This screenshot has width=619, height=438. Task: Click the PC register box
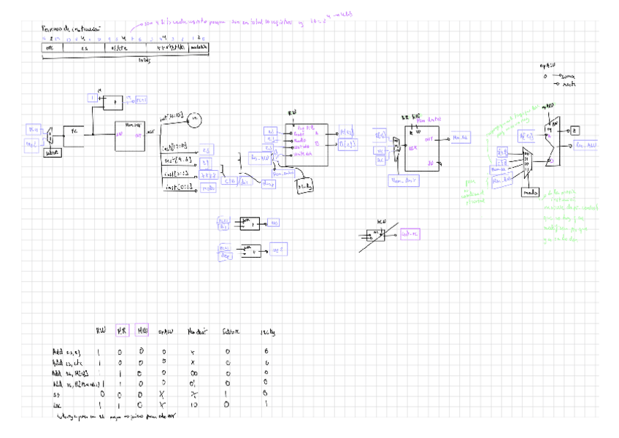pyautogui.click(x=74, y=131)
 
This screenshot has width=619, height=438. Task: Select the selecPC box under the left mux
pyautogui.click(x=51, y=153)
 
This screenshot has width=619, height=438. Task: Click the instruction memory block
pyautogui.click(x=130, y=135)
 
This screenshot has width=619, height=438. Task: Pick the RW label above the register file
pyautogui.click(x=292, y=114)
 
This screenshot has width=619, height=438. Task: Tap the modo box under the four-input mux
pyautogui.click(x=531, y=192)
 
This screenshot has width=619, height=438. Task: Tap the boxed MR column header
pyautogui.click(x=122, y=331)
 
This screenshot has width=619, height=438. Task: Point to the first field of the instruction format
pyautogui.click(x=51, y=47)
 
